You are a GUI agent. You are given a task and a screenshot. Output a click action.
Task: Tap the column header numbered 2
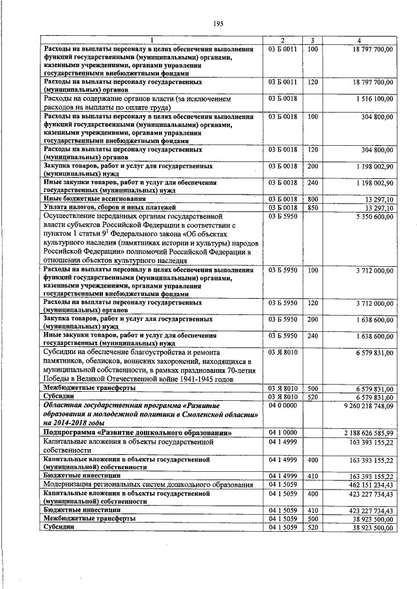tap(283, 40)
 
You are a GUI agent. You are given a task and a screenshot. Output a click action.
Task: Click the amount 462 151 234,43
tap(368, 485)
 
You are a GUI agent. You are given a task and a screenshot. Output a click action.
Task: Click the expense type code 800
tap(313, 199)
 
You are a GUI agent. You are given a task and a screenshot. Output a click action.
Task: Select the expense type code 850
tap(313, 208)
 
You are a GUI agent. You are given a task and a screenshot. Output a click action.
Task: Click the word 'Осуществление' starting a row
tap(70, 215)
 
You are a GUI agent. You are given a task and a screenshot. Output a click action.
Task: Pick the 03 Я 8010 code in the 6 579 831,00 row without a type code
tap(282, 353)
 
